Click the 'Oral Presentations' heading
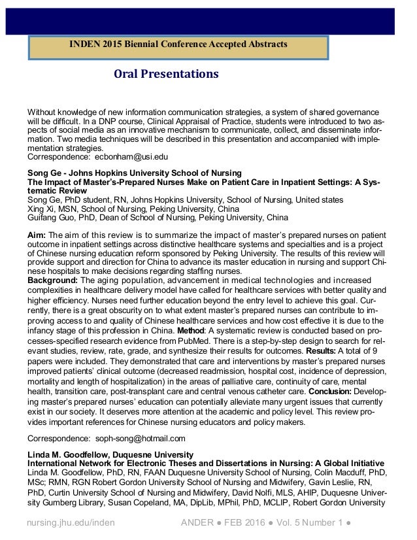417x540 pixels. [166, 74]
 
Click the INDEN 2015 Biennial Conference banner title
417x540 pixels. [178, 44]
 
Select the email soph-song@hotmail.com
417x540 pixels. [141, 438]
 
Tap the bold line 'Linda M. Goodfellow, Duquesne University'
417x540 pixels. [110, 454]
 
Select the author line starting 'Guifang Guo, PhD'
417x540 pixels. [158, 218]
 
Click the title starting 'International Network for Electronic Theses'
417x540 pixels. [205, 464]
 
